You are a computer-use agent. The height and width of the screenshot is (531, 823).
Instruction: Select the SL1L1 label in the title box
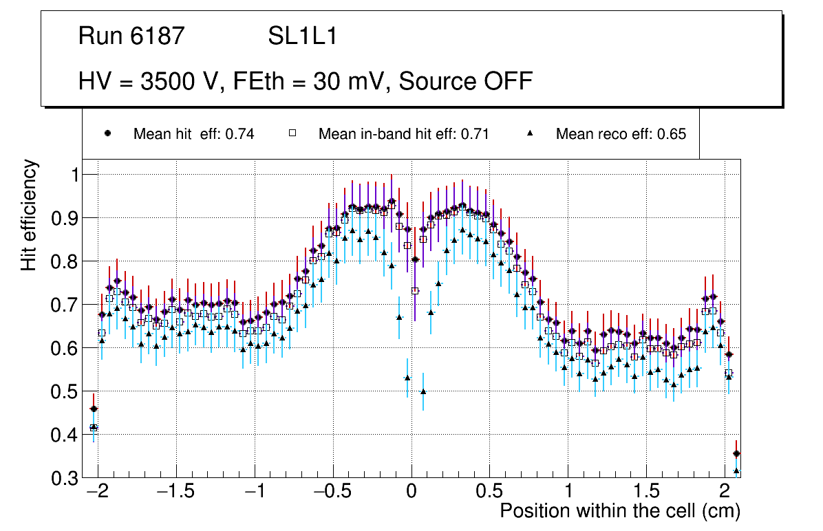pos(302,36)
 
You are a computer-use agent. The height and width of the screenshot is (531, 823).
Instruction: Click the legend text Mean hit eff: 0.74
pos(193,134)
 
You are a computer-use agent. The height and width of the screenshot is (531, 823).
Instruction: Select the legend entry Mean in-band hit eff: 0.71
pos(403,134)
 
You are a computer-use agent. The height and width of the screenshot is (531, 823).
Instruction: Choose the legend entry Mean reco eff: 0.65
pos(621,134)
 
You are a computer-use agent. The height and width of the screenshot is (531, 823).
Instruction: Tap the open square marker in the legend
pos(292,133)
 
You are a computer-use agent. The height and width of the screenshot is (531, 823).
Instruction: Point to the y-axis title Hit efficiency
pos(30,215)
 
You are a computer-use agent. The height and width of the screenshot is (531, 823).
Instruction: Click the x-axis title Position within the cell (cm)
pos(619,511)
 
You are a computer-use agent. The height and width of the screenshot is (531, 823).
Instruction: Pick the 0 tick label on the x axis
pos(411,492)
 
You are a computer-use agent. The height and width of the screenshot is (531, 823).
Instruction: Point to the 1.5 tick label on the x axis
pos(646,492)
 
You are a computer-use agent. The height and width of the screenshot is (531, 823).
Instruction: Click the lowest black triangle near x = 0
pos(423,391)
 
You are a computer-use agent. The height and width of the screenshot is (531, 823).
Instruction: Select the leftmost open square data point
pos(94,428)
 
